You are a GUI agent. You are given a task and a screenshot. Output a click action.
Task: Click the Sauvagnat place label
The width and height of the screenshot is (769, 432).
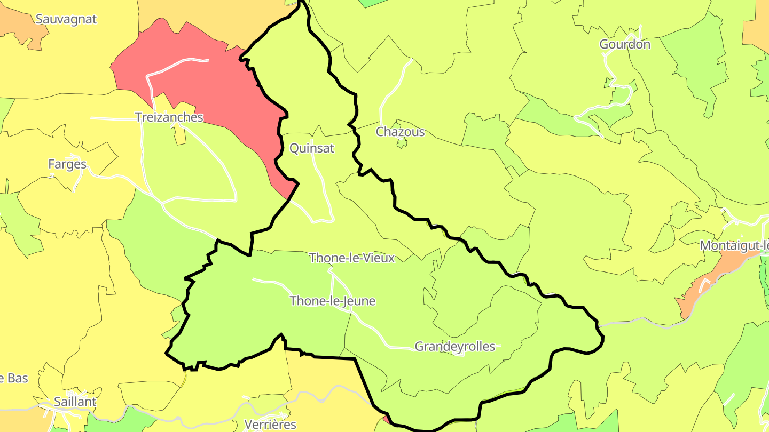pyautogui.click(x=66, y=19)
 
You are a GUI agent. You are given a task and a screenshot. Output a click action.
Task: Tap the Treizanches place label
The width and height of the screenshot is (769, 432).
pyautogui.click(x=169, y=117)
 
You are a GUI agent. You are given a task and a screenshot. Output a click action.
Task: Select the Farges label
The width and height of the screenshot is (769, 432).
pyautogui.click(x=67, y=164)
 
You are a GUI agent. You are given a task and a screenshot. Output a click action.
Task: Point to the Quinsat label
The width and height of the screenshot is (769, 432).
pyautogui.click(x=312, y=148)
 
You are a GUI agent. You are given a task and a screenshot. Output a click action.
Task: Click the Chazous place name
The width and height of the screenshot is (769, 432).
pyautogui.click(x=401, y=132)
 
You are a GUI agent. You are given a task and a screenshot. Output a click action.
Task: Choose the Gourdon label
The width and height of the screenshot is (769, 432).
pyautogui.click(x=625, y=44)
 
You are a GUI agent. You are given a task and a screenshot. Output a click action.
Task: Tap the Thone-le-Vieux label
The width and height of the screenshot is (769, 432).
pyautogui.click(x=352, y=258)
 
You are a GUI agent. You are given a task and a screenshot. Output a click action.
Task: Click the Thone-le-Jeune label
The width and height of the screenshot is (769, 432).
pyautogui.click(x=332, y=301)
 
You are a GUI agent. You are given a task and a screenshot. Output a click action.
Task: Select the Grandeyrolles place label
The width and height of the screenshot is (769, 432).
pyautogui.click(x=455, y=347)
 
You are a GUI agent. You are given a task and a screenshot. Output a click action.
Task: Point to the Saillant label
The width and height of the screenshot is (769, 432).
pyautogui.click(x=75, y=402)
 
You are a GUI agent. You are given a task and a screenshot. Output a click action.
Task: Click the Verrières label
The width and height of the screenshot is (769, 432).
pyautogui.click(x=270, y=425)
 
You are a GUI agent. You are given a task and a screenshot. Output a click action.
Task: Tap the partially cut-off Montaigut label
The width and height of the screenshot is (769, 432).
pyautogui.click(x=734, y=246)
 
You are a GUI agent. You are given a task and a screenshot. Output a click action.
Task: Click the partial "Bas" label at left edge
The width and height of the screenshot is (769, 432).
pyautogui.click(x=14, y=379)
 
